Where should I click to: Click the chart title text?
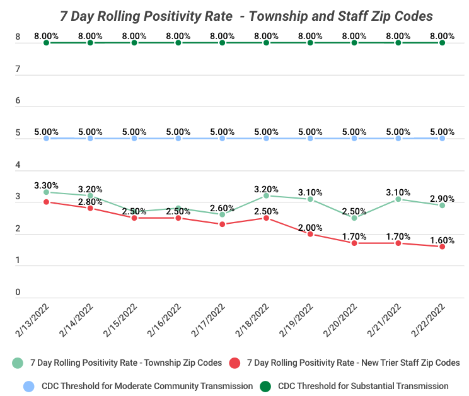pyautogui.click(x=246, y=16)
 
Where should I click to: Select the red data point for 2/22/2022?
pyautogui.click(x=442, y=247)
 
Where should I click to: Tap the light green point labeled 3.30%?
pyautogui.click(x=46, y=192)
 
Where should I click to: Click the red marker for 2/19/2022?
pyautogui.click(x=310, y=234)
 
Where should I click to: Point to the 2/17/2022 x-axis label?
pyautogui.click(x=208, y=320)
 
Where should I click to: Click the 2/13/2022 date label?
pyautogui.click(x=32, y=320)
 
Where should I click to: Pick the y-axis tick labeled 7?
pyautogui.click(x=18, y=69)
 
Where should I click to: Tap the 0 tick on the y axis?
pyautogui.click(x=18, y=292)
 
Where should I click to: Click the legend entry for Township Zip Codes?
pyautogui.click(x=117, y=363)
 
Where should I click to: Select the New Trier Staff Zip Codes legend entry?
pyautogui.click(x=344, y=363)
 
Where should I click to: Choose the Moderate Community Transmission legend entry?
pyautogui.click(x=138, y=386)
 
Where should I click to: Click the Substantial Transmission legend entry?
pyautogui.click(x=354, y=386)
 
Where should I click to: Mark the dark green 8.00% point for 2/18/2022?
pyautogui.click(x=266, y=43)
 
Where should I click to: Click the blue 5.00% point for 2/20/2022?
pyautogui.click(x=354, y=139)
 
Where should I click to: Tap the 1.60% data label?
pyautogui.click(x=442, y=240)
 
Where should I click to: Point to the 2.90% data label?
pyautogui.click(x=442, y=199)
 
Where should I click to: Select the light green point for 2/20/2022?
pyautogui.click(x=354, y=218)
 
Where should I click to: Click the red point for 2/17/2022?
pyautogui.click(x=223, y=224)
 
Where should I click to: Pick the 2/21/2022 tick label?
pyautogui.click(x=384, y=320)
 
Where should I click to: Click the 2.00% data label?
pyautogui.click(x=310, y=228)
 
